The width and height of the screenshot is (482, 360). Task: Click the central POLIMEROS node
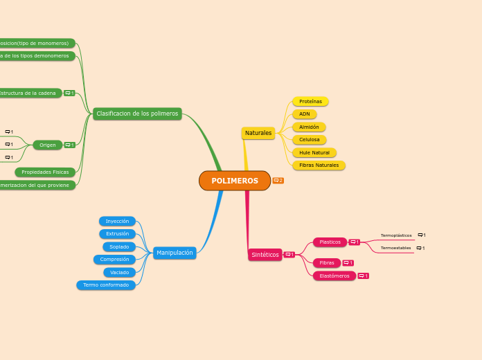click(x=235, y=181)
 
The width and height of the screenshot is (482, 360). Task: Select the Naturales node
click(x=258, y=133)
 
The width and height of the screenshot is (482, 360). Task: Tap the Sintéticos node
click(x=265, y=255)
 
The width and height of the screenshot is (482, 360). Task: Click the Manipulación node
click(x=175, y=253)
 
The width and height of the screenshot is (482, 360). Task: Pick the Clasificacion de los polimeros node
click(x=137, y=114)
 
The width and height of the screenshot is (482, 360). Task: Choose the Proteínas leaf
click(x=310, y=101)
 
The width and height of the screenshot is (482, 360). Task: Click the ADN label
click(x=305, y=114)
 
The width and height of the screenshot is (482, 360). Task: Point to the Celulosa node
click(x=309, y=140)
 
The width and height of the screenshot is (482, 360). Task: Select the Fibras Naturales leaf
click(x=319, y=165)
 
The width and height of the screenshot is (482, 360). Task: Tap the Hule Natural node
click(x=314, y=152)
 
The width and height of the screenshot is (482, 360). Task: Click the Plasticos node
click(x=330, y=242)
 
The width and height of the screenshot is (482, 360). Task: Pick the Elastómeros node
click(x=334, y=276)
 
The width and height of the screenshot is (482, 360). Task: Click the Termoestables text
click(x=395, y=248)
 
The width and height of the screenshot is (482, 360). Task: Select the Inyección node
click(x=117, y=222)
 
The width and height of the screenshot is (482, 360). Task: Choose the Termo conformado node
click(x=106, y=285)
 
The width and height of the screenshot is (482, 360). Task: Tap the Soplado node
click(x=119, y=247)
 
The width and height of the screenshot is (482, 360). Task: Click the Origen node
click(x=48, y=145)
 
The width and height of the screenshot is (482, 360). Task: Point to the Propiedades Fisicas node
click(x=45, y=172)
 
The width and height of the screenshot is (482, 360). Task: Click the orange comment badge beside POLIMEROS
click(x=278, y=181)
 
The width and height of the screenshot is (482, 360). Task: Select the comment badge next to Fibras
click(x=348, y=263)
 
